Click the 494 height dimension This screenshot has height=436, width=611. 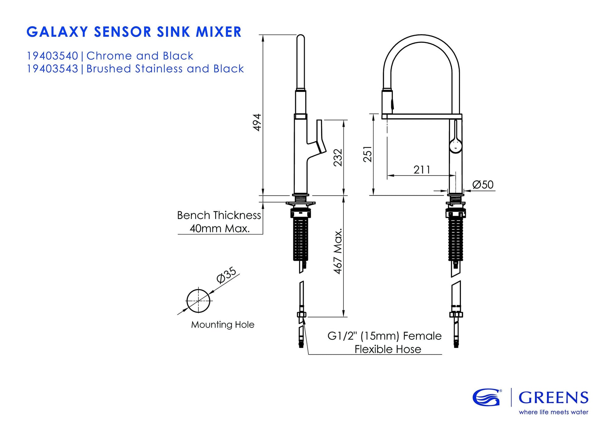tap(257, 122)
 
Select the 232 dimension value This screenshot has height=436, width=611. tap(338, 157)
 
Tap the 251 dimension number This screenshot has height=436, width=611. tap(368, 154)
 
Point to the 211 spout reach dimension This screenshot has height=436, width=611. tap(422, 170)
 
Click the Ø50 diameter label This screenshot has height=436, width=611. tap(483, 185)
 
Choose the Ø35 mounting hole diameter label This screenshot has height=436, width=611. tap(226, 275)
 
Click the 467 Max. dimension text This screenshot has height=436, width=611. tap(338, 251)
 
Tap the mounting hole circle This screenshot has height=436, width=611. tap(198, 301)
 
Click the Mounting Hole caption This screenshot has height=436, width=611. tap(223, 324)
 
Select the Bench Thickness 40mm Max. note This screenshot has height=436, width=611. tap(219, 222)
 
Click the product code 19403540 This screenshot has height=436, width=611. tap(52, 56)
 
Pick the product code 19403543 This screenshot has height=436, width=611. tap(52, 69)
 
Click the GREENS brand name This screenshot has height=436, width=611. tap(553, 398)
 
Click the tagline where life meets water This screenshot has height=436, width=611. tap(553, 412)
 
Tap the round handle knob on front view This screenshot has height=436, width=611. tap(456, 146)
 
